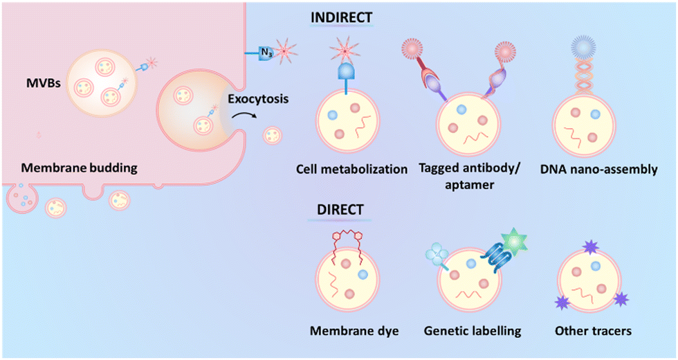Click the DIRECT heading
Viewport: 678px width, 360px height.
point(337,208)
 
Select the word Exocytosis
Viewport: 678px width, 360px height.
point(259,98)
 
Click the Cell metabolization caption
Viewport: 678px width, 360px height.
point(351,168)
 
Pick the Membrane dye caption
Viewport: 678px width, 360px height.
point(355,331)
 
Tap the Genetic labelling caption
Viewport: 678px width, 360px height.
point(473,331)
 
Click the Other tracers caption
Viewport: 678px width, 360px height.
point(593,331)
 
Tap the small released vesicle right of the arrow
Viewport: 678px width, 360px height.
point(272,134)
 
